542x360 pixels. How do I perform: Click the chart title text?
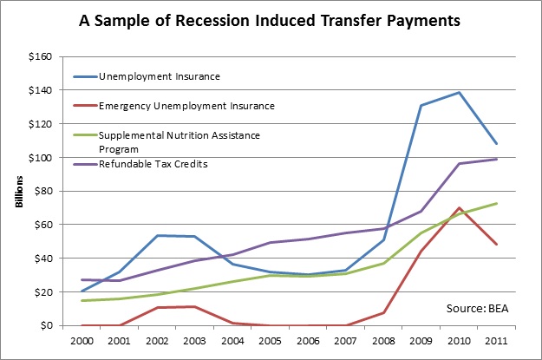tap(271, 18)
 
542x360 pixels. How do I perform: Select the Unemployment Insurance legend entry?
tap(158, 76)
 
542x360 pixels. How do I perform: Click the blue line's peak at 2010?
tap(459, 92)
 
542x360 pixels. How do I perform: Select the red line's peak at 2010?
tap(459, 208)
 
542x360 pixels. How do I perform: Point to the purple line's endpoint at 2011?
tap(495, 159)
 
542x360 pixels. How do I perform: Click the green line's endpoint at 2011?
tap(495, 203)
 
